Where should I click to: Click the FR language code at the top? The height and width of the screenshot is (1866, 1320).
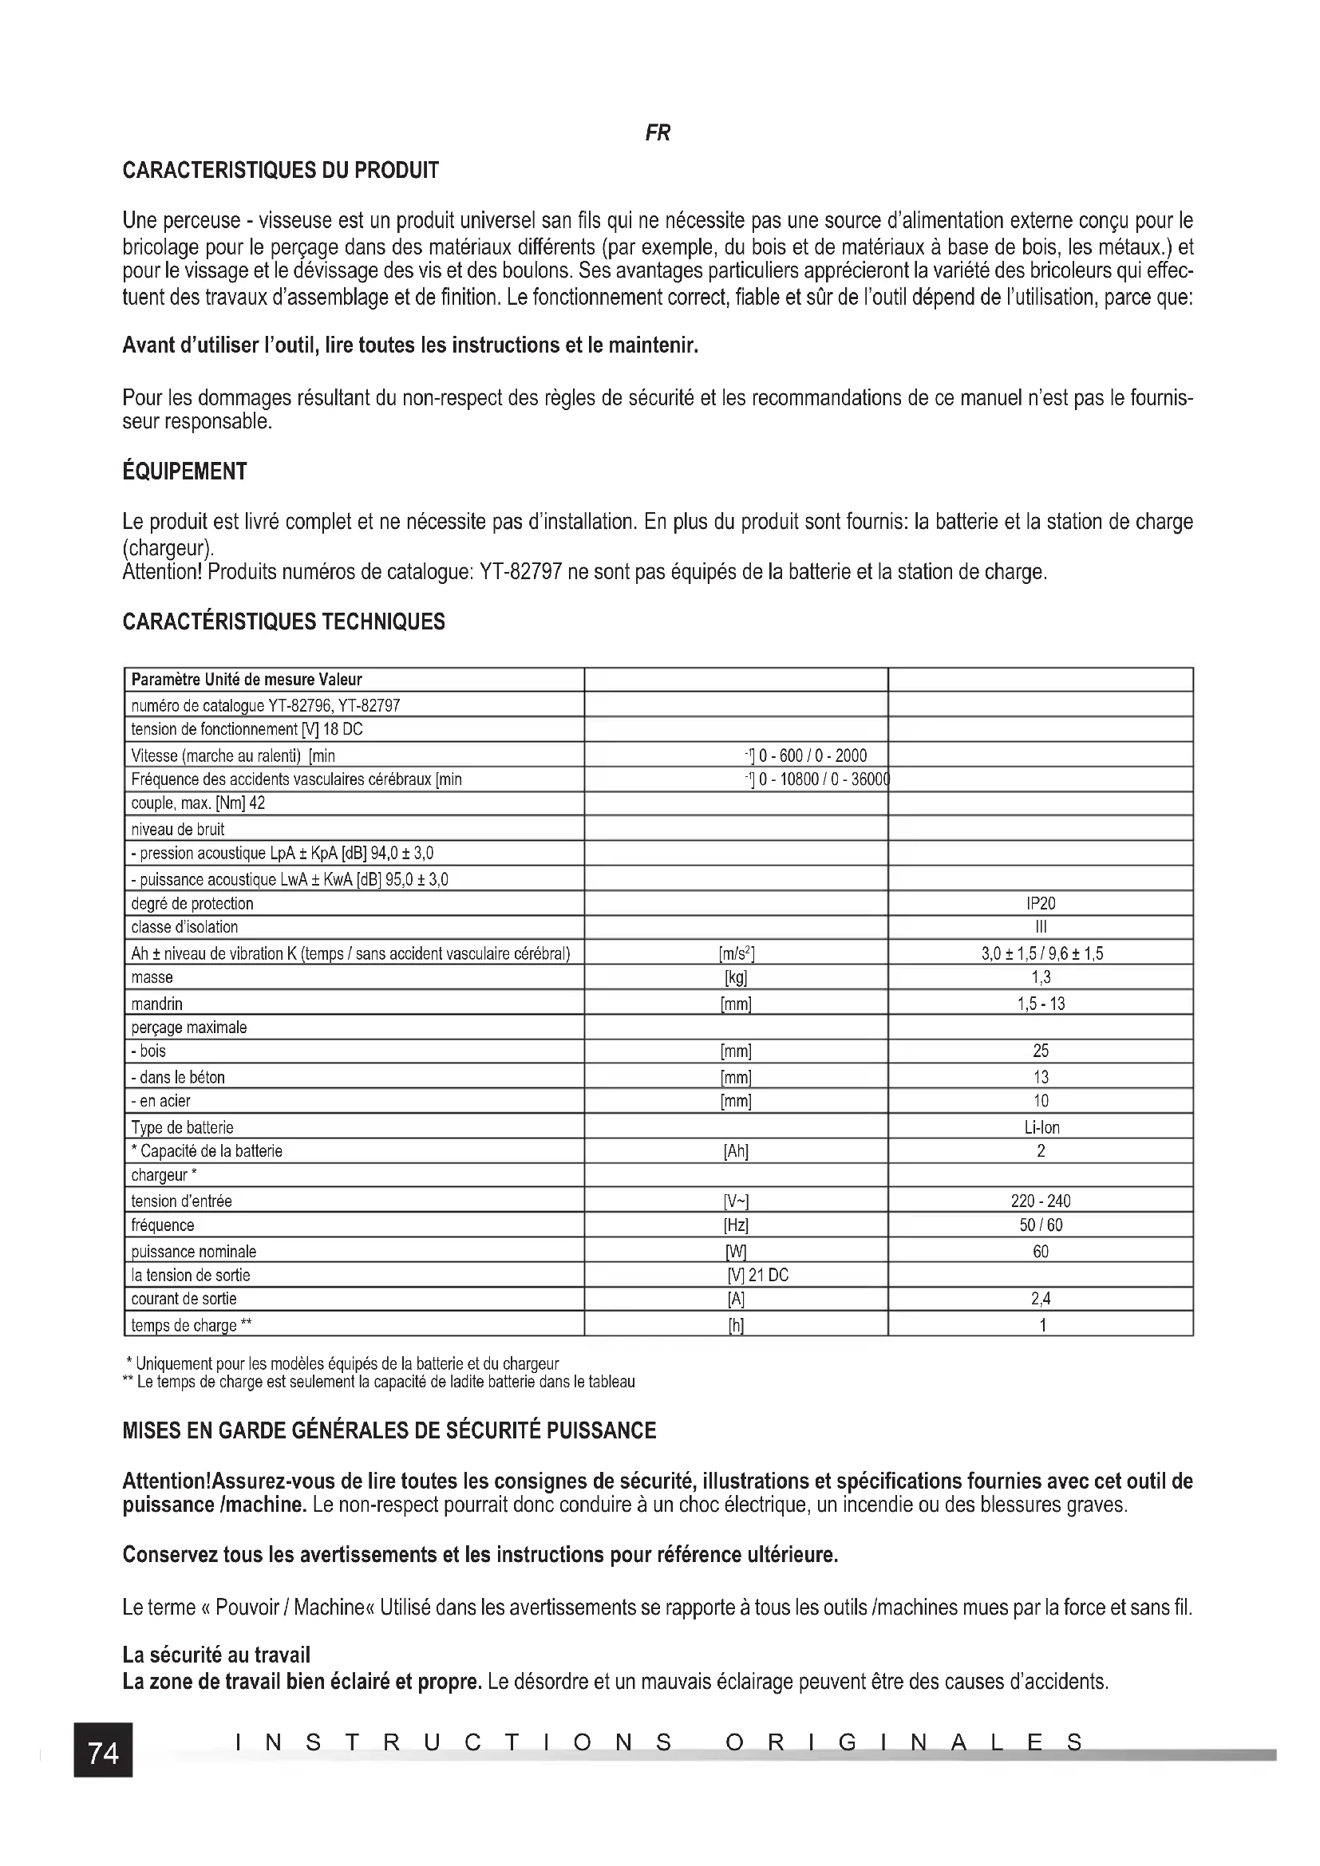[658, 133]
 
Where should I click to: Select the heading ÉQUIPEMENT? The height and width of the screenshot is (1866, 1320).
[184, 471]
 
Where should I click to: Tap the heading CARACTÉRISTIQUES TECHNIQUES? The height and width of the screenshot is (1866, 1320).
[283, 621]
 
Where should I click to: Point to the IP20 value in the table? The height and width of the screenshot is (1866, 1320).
[1041, 904]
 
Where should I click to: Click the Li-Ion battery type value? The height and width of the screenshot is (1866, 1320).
[1041, 1127]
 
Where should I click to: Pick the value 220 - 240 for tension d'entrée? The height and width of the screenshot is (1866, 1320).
[1041, 1201]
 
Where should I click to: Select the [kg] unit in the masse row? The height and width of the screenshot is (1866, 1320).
[736, 977]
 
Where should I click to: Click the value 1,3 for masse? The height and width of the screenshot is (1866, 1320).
[1041, 977]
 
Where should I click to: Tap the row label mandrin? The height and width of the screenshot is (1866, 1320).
[157, 1004]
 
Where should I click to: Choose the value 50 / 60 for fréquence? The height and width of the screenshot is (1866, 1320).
[1041, 1225]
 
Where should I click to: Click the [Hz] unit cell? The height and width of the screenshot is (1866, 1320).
[736, 1225]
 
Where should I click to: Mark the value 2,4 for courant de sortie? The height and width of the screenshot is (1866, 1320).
[1041, 1299]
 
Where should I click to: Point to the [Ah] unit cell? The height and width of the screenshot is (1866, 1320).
[736, 1151]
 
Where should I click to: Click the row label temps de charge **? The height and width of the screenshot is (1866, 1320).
[191, 1326]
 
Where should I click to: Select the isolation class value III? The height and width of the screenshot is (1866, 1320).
[1041, 927]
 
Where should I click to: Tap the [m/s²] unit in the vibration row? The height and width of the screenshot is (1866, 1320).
[736, 953]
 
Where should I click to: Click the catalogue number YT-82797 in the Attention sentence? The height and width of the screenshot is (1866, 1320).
[521, 572]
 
